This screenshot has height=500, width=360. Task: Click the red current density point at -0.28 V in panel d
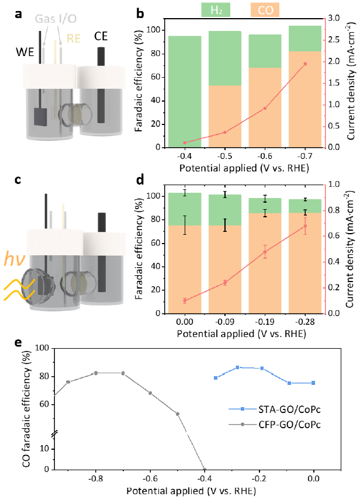[304, 226]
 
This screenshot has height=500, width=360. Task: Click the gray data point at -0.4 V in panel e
[205, 468]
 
